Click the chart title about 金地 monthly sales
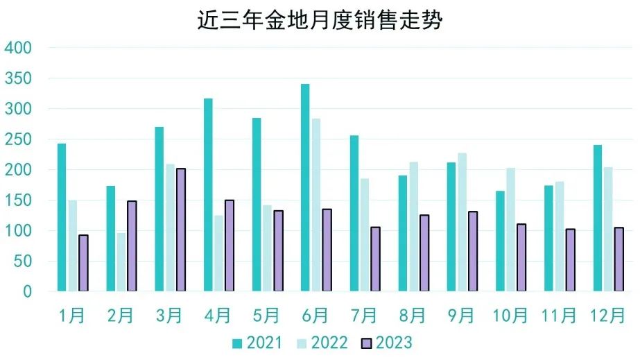click(x=320, y=20)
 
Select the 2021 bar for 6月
click(x=305, y=187)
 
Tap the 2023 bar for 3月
click(x=180, y=230)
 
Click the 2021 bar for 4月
click(x=208, y=195)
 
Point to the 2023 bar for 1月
click(x=83, y=263)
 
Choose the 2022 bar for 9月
click(x=462, y=222)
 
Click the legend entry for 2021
click(x=257, y=343)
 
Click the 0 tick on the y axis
click(x=27, y=292)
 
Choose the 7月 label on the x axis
click(x=363, y=316)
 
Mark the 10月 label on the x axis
click(x=510, y=316)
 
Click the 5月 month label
click(x=266, y=316)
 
